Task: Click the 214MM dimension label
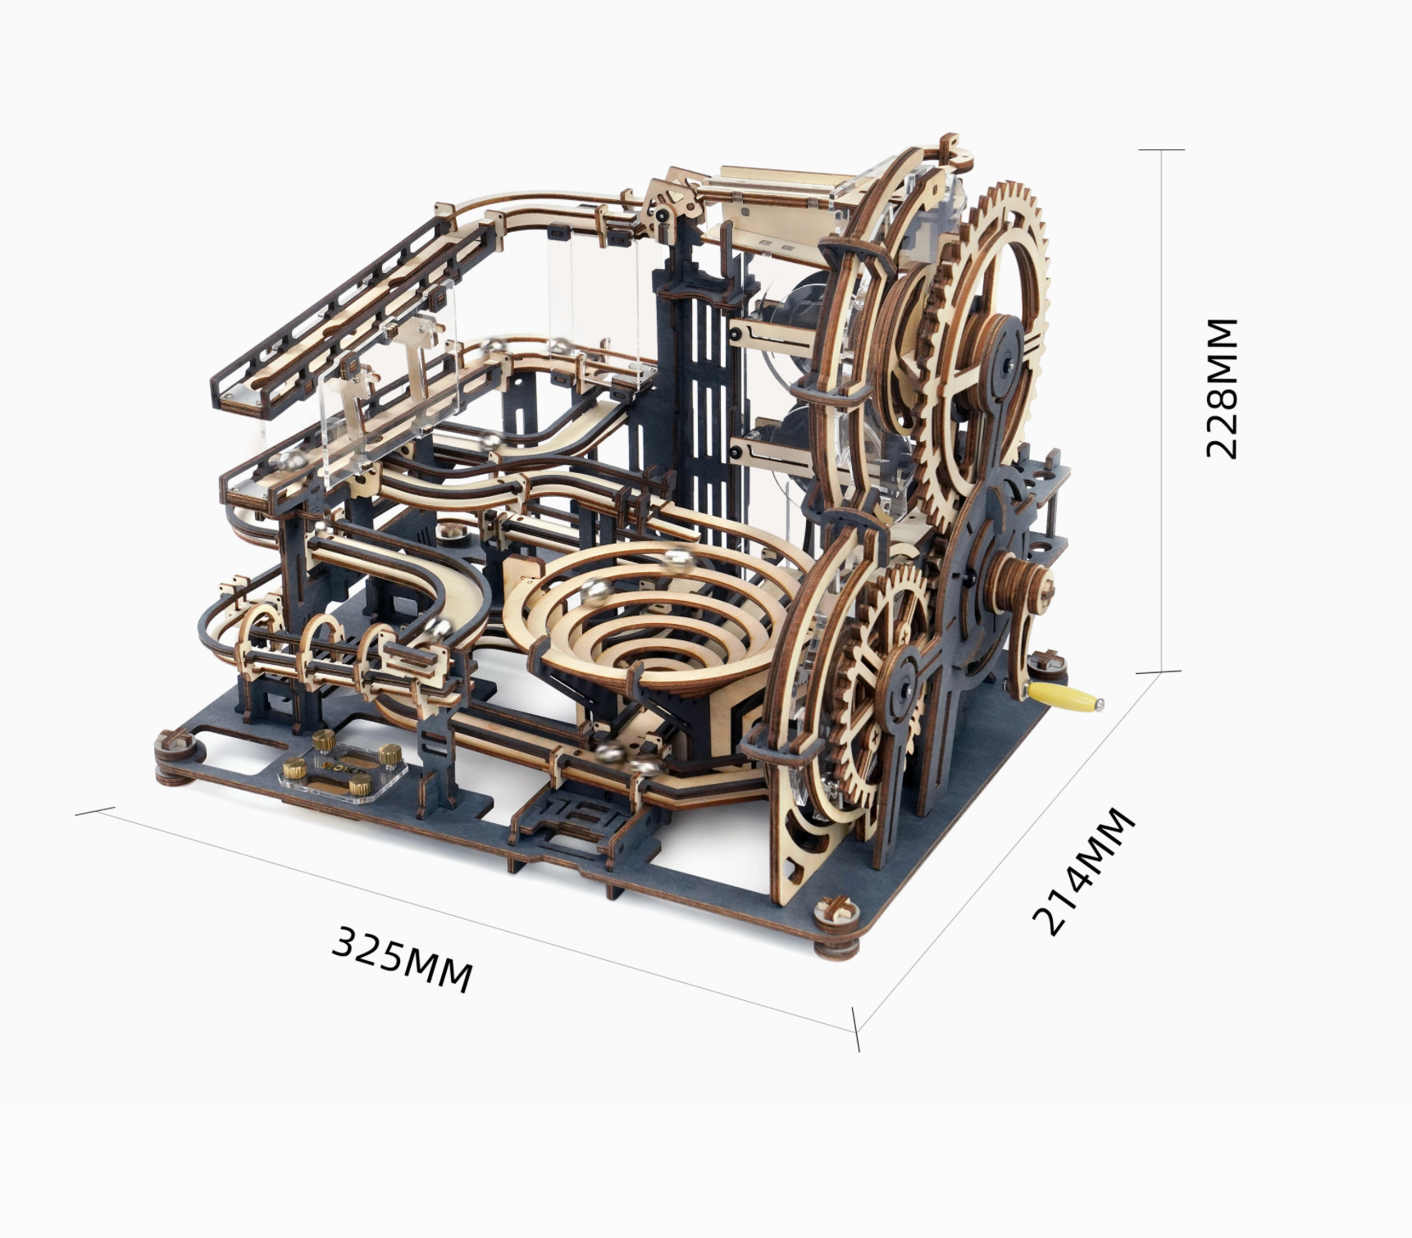pos(1084,871)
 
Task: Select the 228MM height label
pos(1222,388)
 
